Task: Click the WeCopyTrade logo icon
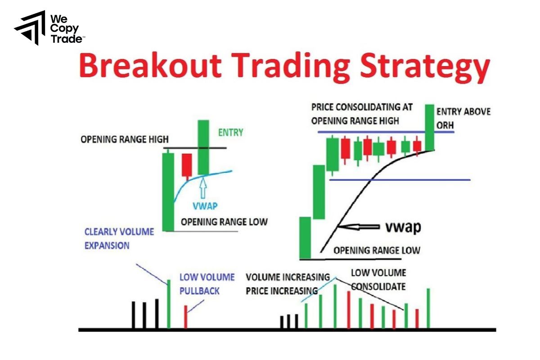tap(30, 28)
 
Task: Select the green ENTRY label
tap(230, 132)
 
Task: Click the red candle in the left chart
tap(186, 165)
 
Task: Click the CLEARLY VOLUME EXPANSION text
tap(119, 238)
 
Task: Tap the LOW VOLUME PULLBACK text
tap(207, 284)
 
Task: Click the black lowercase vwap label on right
tap(403, 227)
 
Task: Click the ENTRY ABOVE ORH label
tap(463, 117)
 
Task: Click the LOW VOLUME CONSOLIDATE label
tap(378, 279)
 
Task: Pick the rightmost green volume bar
tap(428, 308)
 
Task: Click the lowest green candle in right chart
tap(305, 238)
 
